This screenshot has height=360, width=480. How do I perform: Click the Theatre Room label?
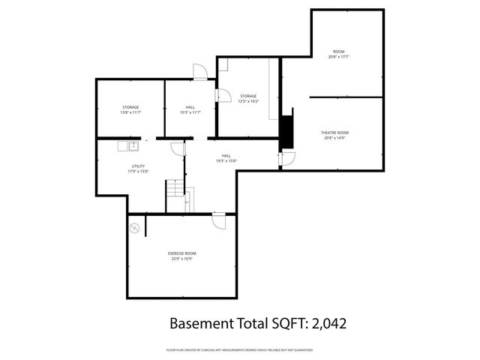(335, 133)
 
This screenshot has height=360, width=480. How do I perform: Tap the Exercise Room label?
(181, 253)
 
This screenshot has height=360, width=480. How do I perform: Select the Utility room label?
(138, 166)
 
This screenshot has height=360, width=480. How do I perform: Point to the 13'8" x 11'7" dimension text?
(130, 112)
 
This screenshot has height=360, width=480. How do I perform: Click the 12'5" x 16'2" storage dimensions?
(248, 101)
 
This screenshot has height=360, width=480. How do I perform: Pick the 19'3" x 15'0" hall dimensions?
(226, 160)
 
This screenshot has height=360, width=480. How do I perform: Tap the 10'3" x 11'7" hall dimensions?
(190, 112)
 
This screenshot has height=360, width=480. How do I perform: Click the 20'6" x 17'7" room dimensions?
(340, 56)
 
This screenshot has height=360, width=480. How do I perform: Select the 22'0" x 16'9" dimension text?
(181, 259)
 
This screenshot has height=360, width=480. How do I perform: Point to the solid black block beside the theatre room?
(286, 132)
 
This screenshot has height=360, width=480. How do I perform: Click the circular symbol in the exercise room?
(135, 228)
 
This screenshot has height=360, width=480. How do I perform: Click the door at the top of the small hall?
(199, 72)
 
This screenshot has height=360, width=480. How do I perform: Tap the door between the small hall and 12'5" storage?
(223, 95)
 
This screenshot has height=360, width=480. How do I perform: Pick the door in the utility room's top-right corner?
(177, 148)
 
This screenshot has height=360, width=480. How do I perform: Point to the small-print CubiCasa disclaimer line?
(239, 350)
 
